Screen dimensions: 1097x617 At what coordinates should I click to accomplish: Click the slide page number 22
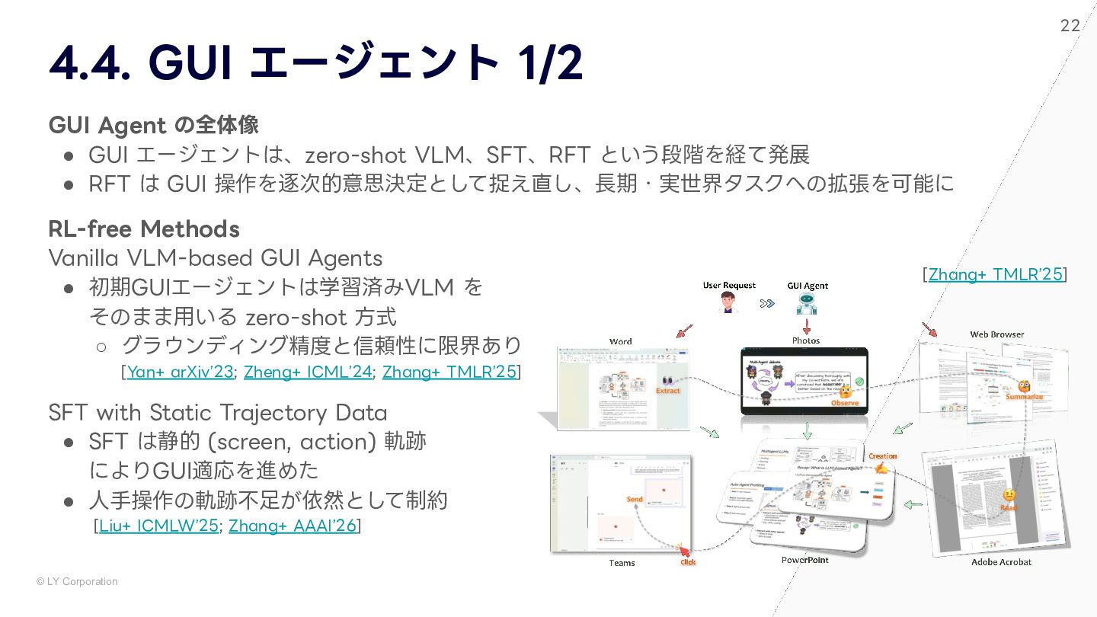point(1070,26)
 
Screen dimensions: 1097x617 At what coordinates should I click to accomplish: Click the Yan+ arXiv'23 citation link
point(180,372)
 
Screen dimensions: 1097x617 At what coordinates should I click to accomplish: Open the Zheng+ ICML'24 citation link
point(308,372)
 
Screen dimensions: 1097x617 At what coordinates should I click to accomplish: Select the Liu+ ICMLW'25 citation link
point(158,526)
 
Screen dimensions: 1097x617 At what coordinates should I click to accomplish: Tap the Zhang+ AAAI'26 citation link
point(293,526)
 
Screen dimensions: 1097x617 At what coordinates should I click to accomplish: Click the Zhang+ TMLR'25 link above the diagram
point(995,274)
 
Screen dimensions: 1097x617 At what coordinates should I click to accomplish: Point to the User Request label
point(729,286)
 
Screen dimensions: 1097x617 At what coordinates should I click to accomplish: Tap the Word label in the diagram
point(621,342)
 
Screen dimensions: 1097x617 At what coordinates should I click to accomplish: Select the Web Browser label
point(996,334)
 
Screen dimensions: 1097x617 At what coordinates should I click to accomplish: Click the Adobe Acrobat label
point(1001,562)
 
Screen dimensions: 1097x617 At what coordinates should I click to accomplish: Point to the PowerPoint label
point(804,560)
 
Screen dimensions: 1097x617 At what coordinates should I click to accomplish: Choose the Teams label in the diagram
point(622,563)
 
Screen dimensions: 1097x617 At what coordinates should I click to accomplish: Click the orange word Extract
point(667,391)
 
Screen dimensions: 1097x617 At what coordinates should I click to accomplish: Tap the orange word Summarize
point(1024,397)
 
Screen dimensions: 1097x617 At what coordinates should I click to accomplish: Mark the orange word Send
point(635,500)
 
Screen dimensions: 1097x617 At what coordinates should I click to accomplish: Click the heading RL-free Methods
point(144,229)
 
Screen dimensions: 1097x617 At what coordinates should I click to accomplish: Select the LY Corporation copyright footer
point(77,581)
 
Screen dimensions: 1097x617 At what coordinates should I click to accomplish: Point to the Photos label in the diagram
point(805,340)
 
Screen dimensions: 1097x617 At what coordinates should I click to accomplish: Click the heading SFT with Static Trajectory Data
point(218,413)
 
